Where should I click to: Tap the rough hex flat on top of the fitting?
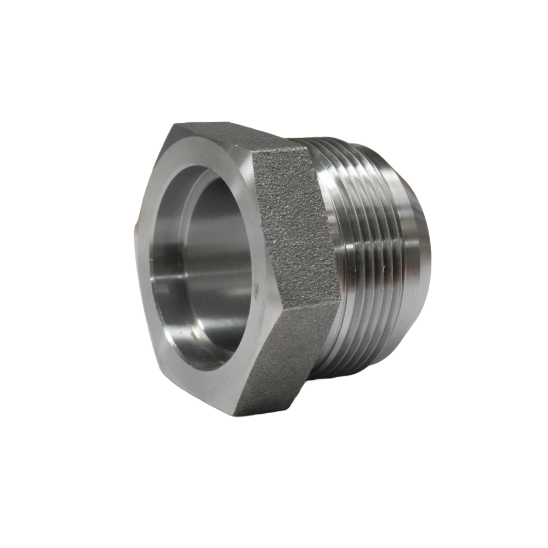point(241,137)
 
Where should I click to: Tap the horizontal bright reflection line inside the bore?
point(181,281)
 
